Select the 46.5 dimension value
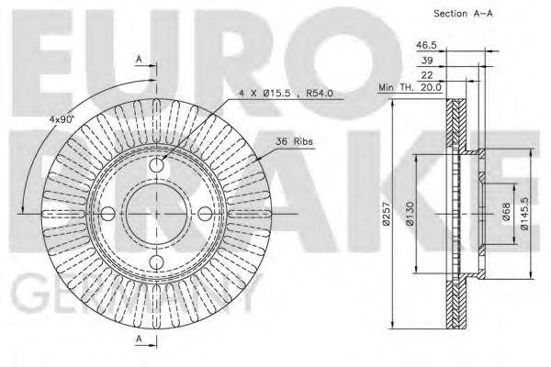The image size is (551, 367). tap(426, 43)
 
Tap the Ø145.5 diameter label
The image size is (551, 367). tap(523, 213)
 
